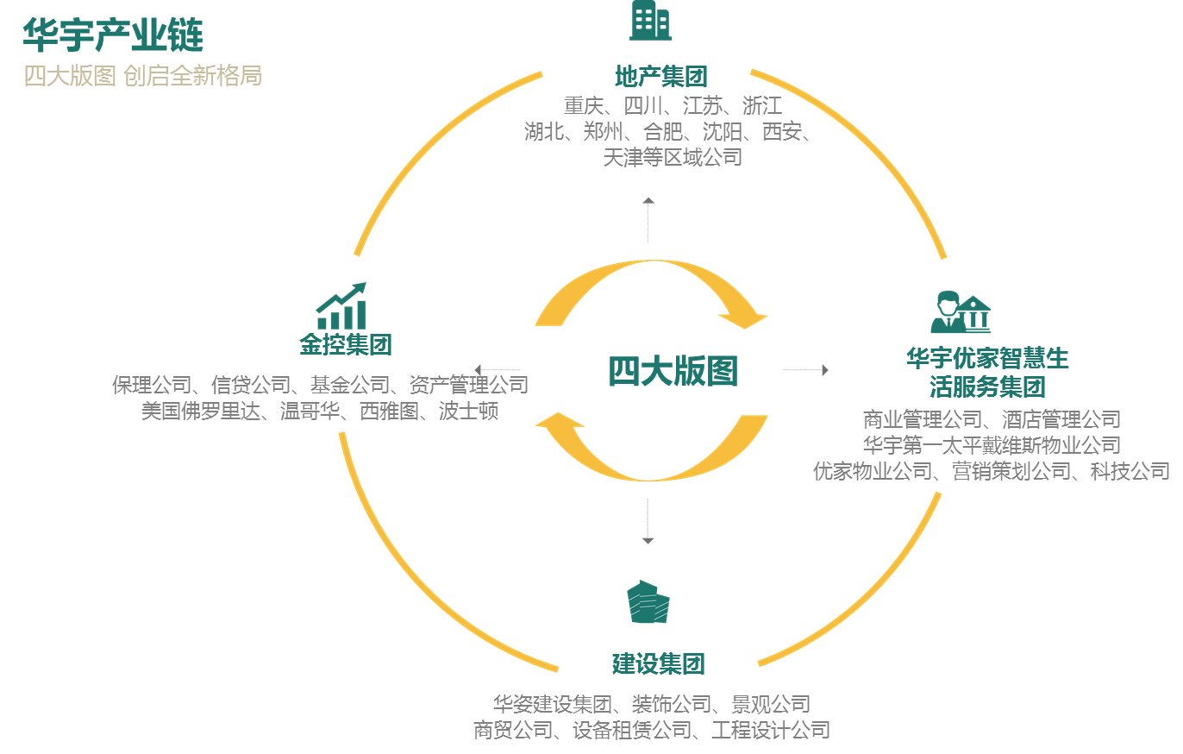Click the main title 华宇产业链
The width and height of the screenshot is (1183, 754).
[x=113, y=35]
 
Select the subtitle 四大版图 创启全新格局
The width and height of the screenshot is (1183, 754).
[x=143, y=76]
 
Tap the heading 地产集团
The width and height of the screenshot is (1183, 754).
[x=660, y=77]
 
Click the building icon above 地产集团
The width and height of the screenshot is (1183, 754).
[x=650, y=21]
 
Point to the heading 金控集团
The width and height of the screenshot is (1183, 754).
[x=346, y=345]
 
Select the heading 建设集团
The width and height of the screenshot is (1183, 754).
[x=659, y=664]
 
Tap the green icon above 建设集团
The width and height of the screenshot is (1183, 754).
[x=648, y=602]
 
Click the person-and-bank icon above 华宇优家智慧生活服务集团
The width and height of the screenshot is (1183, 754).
[x=960, y=313]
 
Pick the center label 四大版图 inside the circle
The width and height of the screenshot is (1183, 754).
[x=673, y=372]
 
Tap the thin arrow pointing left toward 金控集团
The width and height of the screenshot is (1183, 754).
[x=498, y=370]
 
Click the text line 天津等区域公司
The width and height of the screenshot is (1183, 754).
[x=673, y=158]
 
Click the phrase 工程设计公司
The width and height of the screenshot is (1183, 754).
[x=770, y=731]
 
